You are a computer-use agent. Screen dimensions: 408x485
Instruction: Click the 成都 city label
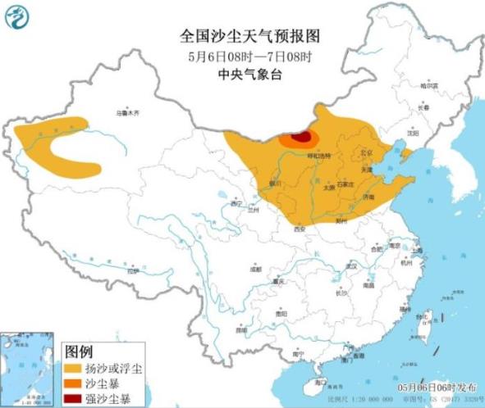tap(256, 268)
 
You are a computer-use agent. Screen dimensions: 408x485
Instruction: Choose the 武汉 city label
tap(352, 265)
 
